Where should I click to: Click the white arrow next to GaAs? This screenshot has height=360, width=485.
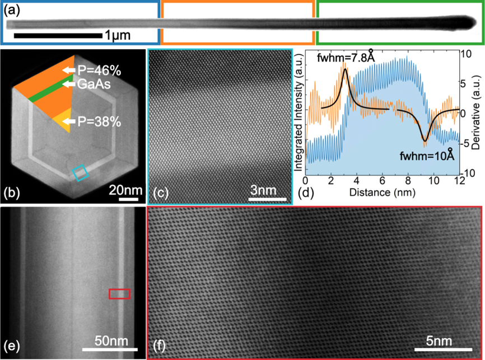[70, 84]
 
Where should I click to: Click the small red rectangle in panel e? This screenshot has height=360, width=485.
[119, 294]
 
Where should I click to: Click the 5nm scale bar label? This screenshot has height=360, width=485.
[440, 341]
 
